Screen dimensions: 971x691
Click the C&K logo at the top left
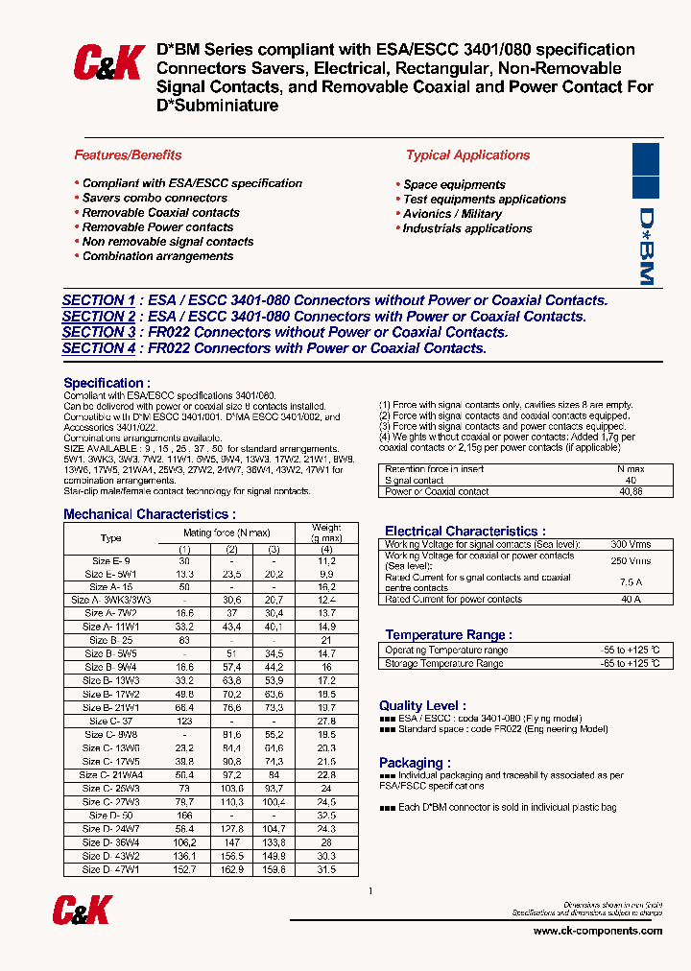point(108,63)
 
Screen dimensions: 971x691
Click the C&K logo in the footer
point(84,911)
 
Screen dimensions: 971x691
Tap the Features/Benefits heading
point(128,154)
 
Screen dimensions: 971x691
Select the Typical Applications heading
point(467,154)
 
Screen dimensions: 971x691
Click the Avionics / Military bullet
point(452,214)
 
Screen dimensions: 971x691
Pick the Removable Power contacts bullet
point(157,227)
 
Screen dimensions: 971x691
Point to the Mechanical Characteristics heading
point(149,514)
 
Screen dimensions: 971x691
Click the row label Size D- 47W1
point(111,869)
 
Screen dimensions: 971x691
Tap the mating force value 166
point(185,815)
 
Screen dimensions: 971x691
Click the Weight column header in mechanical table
point(326,533)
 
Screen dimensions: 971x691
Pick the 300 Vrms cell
point(630,544)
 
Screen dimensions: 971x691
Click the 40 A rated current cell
point(630,600)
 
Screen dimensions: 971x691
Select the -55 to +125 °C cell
point(630,651)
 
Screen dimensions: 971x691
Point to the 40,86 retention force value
point(630,491)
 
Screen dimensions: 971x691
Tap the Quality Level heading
point(422,705)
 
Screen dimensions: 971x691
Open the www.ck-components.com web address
point(597,931)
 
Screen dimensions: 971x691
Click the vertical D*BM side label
point(646,247)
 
